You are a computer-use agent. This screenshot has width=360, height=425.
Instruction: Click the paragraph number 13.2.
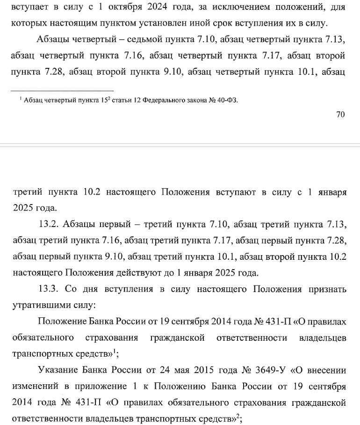(x=48, y=225)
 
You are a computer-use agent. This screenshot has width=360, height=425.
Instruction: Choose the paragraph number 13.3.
(x=48, y=289)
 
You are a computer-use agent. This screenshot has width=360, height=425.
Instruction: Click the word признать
(x=327, y=289)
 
